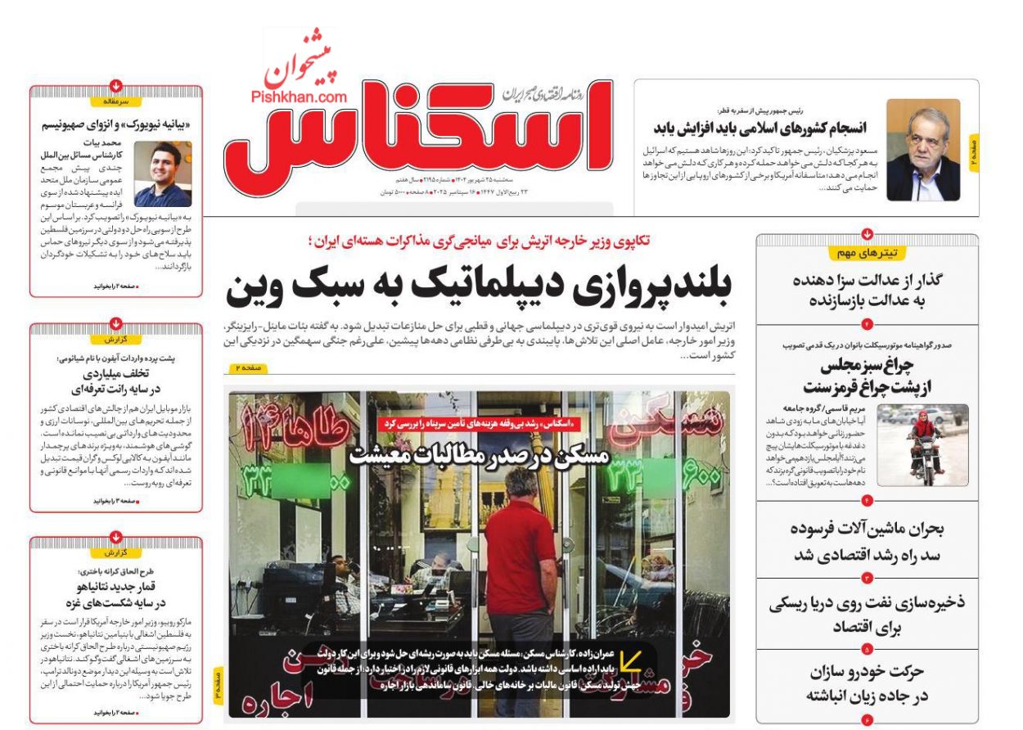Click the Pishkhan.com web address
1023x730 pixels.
299,97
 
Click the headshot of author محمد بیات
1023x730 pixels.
163,173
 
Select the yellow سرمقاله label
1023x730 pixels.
116,101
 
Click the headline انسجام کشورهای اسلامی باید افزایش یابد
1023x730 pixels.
759,128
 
